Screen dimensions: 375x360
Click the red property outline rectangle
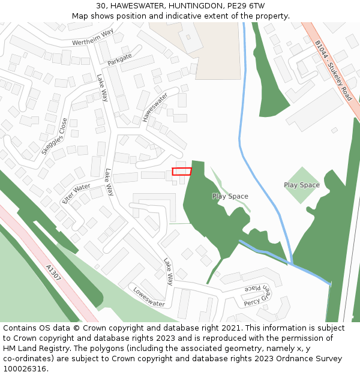pos(182,172)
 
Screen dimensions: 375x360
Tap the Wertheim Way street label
pos(92,37)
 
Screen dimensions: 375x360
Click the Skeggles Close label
pos(55,136)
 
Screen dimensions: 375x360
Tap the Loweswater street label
pos(149,296)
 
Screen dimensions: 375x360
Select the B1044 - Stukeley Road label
pos(334,70)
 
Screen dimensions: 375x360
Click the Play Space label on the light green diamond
pos(302,185)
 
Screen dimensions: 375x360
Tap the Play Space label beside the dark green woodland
pos(230,196)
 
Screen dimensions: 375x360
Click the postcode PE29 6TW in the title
pos(244,5)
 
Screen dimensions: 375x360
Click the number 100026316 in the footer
pos(25,369)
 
